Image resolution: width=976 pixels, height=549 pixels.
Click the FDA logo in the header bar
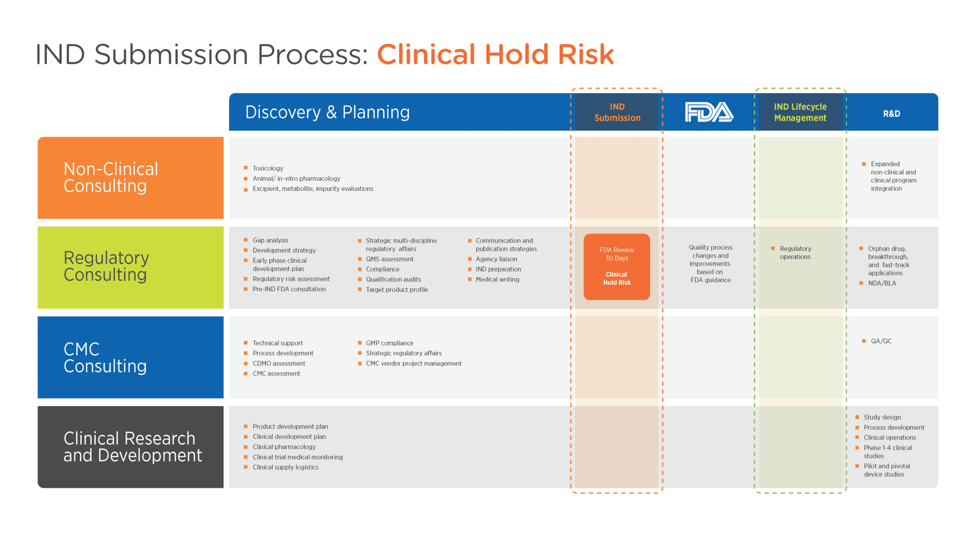[709, 112]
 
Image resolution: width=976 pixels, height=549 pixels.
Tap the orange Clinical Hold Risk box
[617, 267]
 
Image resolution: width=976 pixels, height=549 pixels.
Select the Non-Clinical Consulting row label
[130, 178]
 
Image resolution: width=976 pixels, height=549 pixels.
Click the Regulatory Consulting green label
[130, 267]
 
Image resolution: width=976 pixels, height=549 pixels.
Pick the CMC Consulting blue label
[130, 357]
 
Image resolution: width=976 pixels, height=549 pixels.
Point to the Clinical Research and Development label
[130, 447]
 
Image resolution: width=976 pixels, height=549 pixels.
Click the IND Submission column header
[617, 112]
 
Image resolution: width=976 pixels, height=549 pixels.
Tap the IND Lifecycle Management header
[800, 112]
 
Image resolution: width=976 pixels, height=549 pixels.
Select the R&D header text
[891, 113]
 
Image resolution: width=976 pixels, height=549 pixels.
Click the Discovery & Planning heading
[327, 112]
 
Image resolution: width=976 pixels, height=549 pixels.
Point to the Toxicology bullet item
[267, 168]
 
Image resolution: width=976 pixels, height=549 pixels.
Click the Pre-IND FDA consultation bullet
[289, 289]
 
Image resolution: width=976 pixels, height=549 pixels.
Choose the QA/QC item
[881, 341]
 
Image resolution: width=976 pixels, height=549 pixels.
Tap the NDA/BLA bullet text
[882, 283]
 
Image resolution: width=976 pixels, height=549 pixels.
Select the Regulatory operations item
[795, 253]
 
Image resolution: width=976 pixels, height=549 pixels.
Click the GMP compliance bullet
[389, 343]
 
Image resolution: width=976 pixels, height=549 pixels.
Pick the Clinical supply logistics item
[285, 467]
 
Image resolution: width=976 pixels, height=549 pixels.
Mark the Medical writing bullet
[497, 279]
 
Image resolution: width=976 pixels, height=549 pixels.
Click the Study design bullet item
[882, 417]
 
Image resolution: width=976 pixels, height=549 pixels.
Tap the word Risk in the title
[586, 55]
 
